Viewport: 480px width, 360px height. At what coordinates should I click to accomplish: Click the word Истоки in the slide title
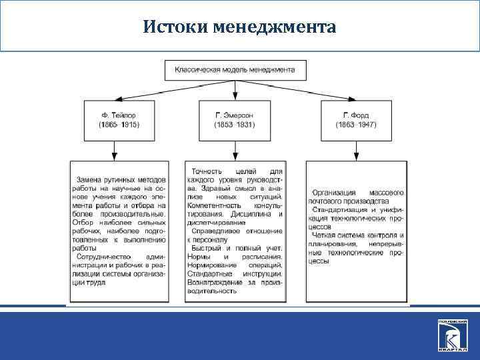(175, 27)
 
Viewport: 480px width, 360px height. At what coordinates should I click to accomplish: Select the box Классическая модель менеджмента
(235, 69)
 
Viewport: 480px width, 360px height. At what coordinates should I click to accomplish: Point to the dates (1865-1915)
(119, 125)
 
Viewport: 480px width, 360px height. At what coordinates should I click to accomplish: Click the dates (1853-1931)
(233, 125)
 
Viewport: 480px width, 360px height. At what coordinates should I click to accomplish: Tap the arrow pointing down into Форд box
(354, 95)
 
